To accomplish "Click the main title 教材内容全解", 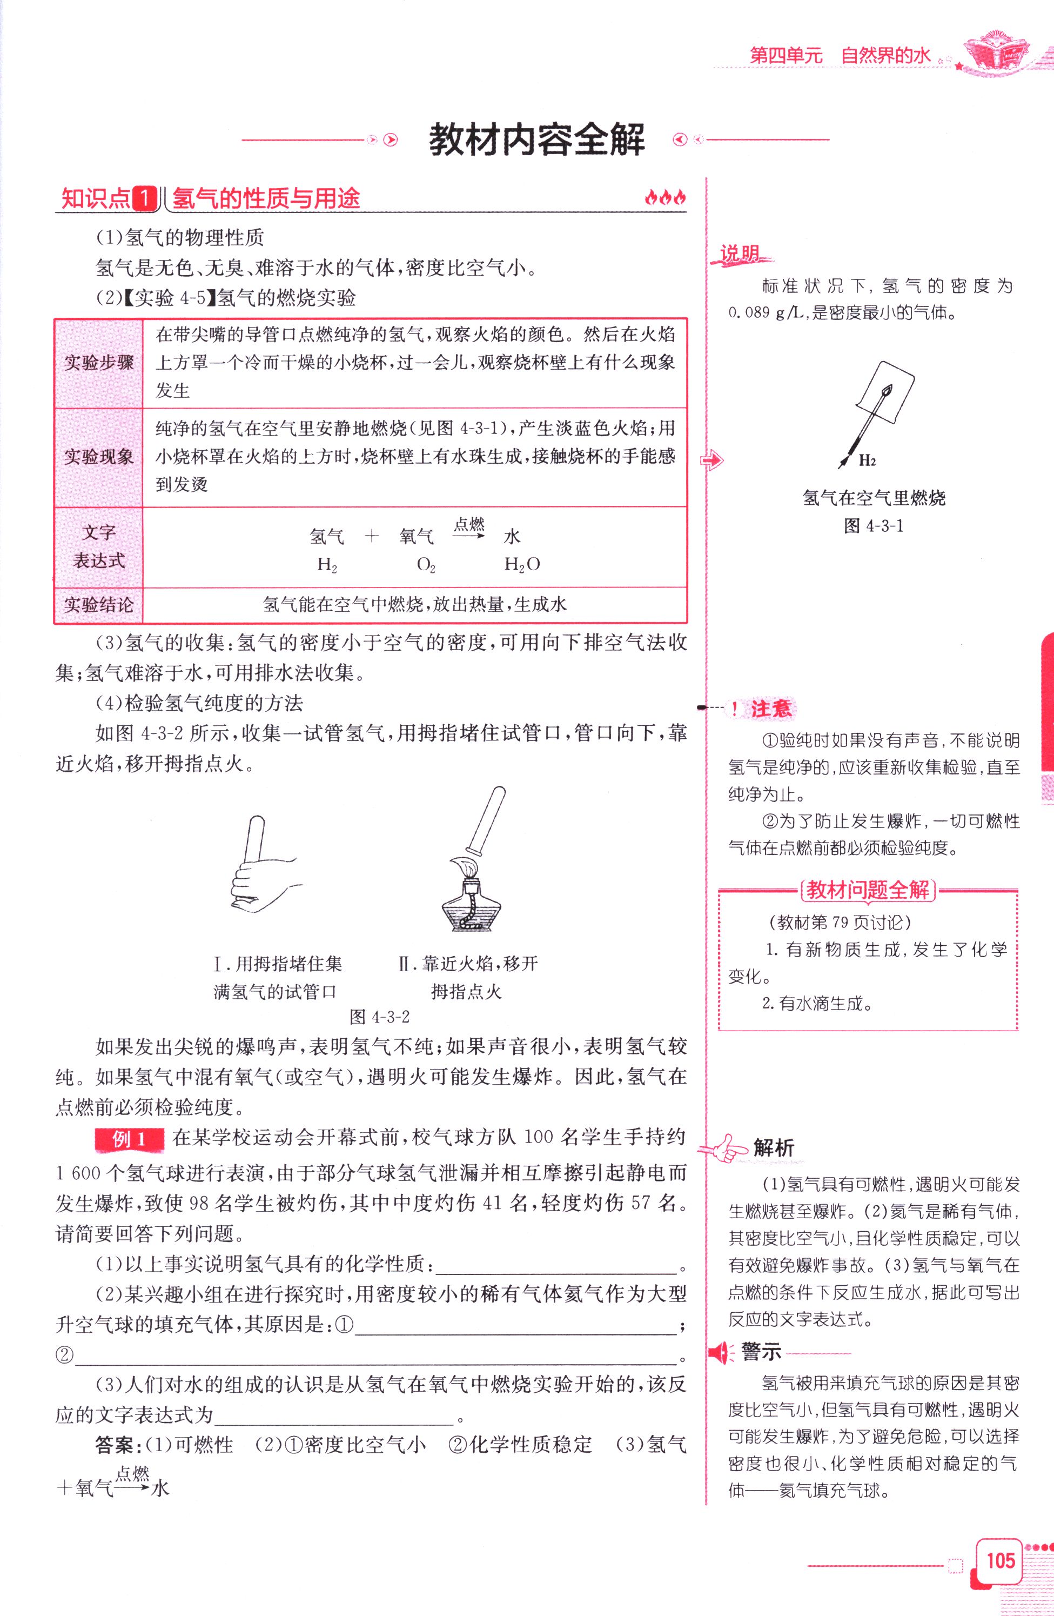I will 536,140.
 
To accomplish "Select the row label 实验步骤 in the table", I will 99,363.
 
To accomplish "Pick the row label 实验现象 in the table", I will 99,457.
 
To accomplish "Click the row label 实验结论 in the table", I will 99,604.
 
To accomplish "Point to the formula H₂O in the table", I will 521,564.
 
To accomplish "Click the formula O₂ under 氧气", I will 426,565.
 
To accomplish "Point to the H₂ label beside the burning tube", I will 867,460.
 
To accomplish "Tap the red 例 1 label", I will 129,1139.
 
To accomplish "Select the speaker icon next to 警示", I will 721,1353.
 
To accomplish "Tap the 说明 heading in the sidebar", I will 740,254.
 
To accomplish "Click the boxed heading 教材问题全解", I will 868,890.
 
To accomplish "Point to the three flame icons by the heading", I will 664,198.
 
